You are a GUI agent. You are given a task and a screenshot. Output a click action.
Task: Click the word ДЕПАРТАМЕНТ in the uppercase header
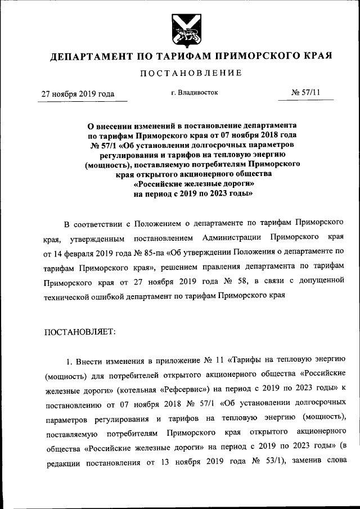[x=89, y=56]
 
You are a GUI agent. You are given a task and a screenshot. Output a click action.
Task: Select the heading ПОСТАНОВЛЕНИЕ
[x=191, y=73]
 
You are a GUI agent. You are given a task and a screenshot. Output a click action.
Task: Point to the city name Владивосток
[x=198, y=92]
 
